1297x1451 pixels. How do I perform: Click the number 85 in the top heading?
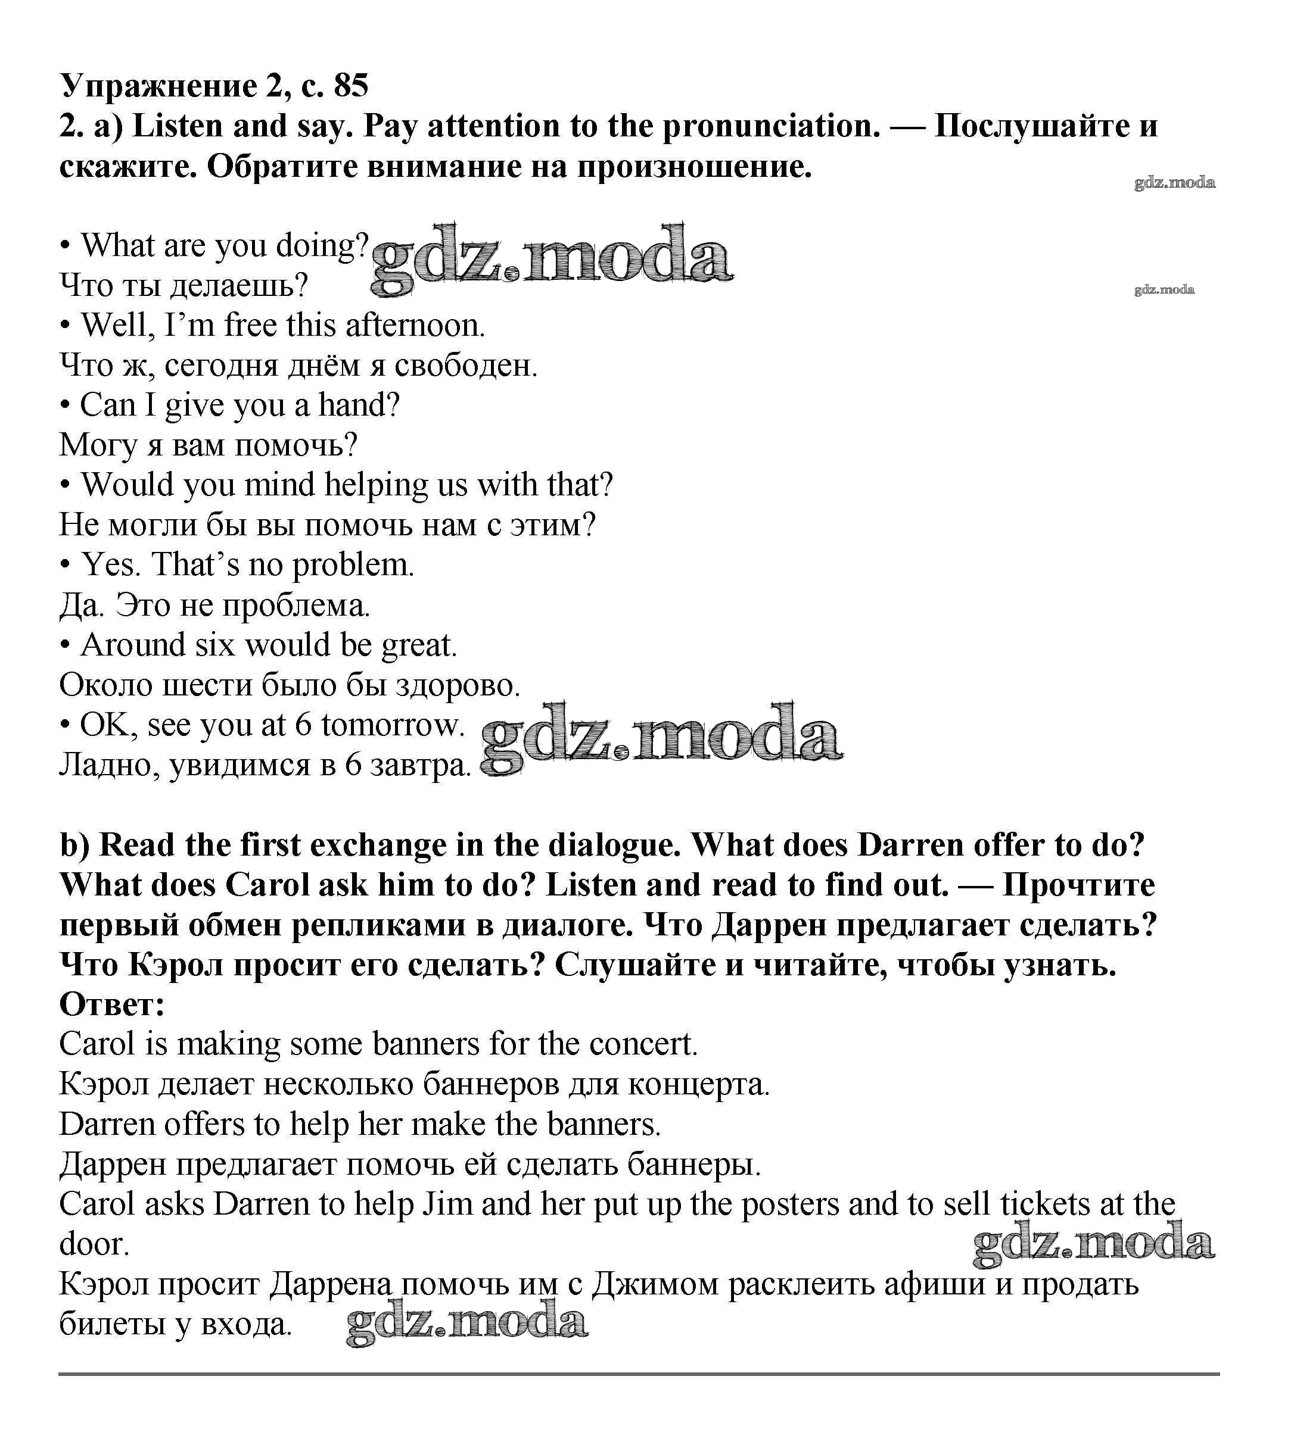tap(351, 86)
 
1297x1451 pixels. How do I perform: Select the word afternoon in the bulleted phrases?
tap(415, 326)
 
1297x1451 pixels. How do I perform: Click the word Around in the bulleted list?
tap(132, 645)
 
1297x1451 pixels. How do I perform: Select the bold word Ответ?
tap(112, 1005)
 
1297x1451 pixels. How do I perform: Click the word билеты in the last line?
tap(111, 1325)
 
